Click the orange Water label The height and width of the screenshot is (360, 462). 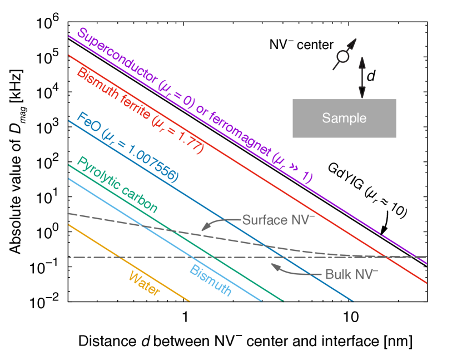(x=144, y=284)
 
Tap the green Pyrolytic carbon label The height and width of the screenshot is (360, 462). (x=117, y=185)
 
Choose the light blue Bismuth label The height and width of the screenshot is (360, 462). (x=211, y=281)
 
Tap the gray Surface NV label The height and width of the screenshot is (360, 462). (x=278, y=220)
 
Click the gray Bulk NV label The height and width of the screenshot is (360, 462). (x=351, y=274)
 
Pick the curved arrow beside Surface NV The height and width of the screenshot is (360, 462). (x=220, y=223)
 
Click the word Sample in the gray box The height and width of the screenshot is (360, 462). (x=344, y=119)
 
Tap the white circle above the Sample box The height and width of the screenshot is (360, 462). (x=343, y=56)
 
